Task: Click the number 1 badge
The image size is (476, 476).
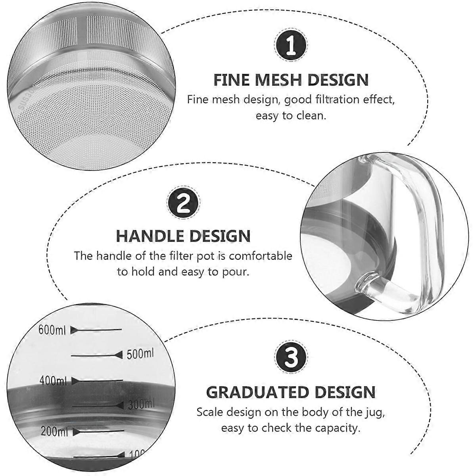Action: click(x=292, y=45)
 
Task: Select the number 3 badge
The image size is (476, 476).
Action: click(x=292, y=357)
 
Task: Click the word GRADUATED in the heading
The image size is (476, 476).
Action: click(x=257, y=392)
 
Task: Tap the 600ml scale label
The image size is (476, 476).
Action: click(x=52, y=330)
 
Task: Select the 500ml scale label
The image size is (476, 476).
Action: click(x=140, y=354)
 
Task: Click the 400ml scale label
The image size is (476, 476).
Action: click(x=53, y=381)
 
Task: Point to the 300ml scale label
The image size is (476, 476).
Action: click(x=141, y=405)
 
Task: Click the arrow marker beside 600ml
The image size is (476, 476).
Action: click(x=75, y=330)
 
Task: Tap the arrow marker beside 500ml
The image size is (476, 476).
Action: click(x=118, y=355)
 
